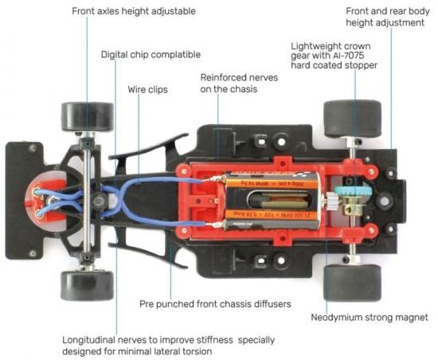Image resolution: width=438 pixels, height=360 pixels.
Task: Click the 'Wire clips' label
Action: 147,90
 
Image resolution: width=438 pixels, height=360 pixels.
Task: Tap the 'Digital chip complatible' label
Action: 151,54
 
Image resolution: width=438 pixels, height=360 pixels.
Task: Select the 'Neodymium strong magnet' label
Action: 370,318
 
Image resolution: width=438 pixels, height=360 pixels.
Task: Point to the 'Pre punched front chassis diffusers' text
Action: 215,304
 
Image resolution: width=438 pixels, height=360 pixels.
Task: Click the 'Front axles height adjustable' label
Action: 134,11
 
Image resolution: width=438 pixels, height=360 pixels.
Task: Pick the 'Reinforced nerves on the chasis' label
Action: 239,83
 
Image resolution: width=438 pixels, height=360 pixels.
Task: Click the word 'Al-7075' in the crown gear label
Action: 347,55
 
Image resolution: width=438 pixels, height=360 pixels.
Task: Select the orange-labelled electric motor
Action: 272,200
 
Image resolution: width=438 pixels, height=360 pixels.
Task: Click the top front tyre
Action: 88,116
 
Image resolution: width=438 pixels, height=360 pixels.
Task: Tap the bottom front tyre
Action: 87,285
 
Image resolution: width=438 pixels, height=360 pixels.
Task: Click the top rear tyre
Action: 352,119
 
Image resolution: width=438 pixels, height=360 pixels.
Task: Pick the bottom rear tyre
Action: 352,283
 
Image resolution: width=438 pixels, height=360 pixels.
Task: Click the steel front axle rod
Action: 87,201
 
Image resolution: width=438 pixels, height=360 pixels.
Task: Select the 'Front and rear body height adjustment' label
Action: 388,17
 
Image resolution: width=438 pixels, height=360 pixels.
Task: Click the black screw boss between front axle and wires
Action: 98,200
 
